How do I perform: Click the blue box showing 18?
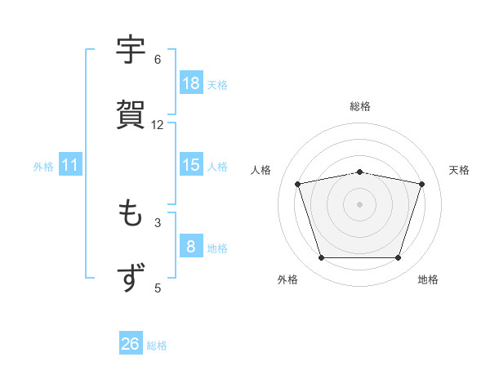point(190,83)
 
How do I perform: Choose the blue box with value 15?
point(190,165)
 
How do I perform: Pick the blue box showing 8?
point(190,247)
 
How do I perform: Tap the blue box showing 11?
point(70,166)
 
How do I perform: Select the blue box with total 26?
point(130,344)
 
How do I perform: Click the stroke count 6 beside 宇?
point(158,60)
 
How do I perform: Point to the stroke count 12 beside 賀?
point(158,125)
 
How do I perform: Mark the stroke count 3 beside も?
point(158,222)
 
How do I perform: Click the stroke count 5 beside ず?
point(158,288)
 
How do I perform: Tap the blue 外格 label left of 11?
point(43,167)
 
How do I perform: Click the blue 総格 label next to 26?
point(157,346)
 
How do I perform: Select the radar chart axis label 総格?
point(360,106)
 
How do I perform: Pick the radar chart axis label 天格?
point(459,170)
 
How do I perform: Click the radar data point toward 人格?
point(298,184)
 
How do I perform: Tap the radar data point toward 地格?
point(398,258)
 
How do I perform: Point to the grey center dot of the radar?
point(360,203)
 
